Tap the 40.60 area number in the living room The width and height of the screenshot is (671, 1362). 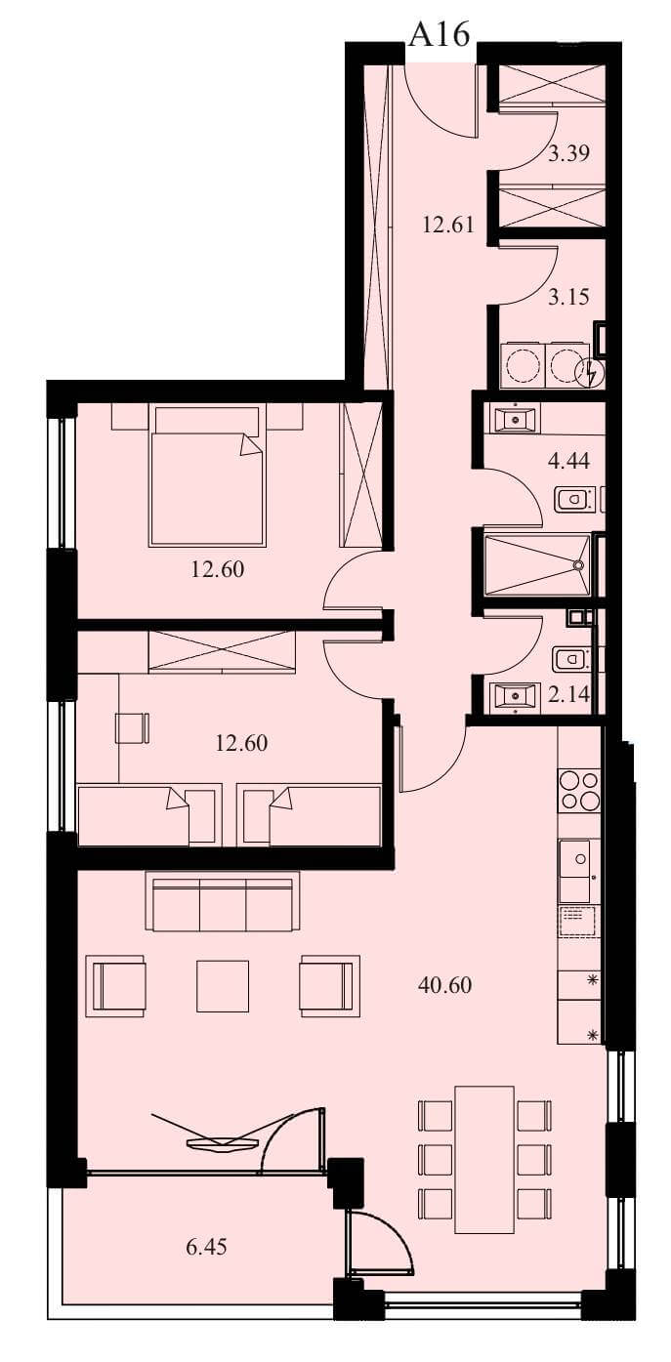(444, 984)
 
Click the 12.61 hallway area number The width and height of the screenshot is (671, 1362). (448, 225)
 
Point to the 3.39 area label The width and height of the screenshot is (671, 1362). (568, 152)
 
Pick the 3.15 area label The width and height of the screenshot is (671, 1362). (568, 297)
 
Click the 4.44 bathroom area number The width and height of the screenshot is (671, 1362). (568, 461)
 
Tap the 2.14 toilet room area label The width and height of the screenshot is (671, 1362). (568, 694)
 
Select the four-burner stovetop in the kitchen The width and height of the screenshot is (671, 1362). (579, 790)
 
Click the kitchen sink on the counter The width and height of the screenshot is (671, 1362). (574, 870)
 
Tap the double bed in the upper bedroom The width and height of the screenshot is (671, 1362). (207, 475)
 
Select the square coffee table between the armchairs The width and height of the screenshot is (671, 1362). (223, 986)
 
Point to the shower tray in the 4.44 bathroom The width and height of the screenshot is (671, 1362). (536, 564)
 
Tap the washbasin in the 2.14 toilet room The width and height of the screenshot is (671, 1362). (516, 695)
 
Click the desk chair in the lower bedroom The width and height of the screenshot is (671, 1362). (132, 727)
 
